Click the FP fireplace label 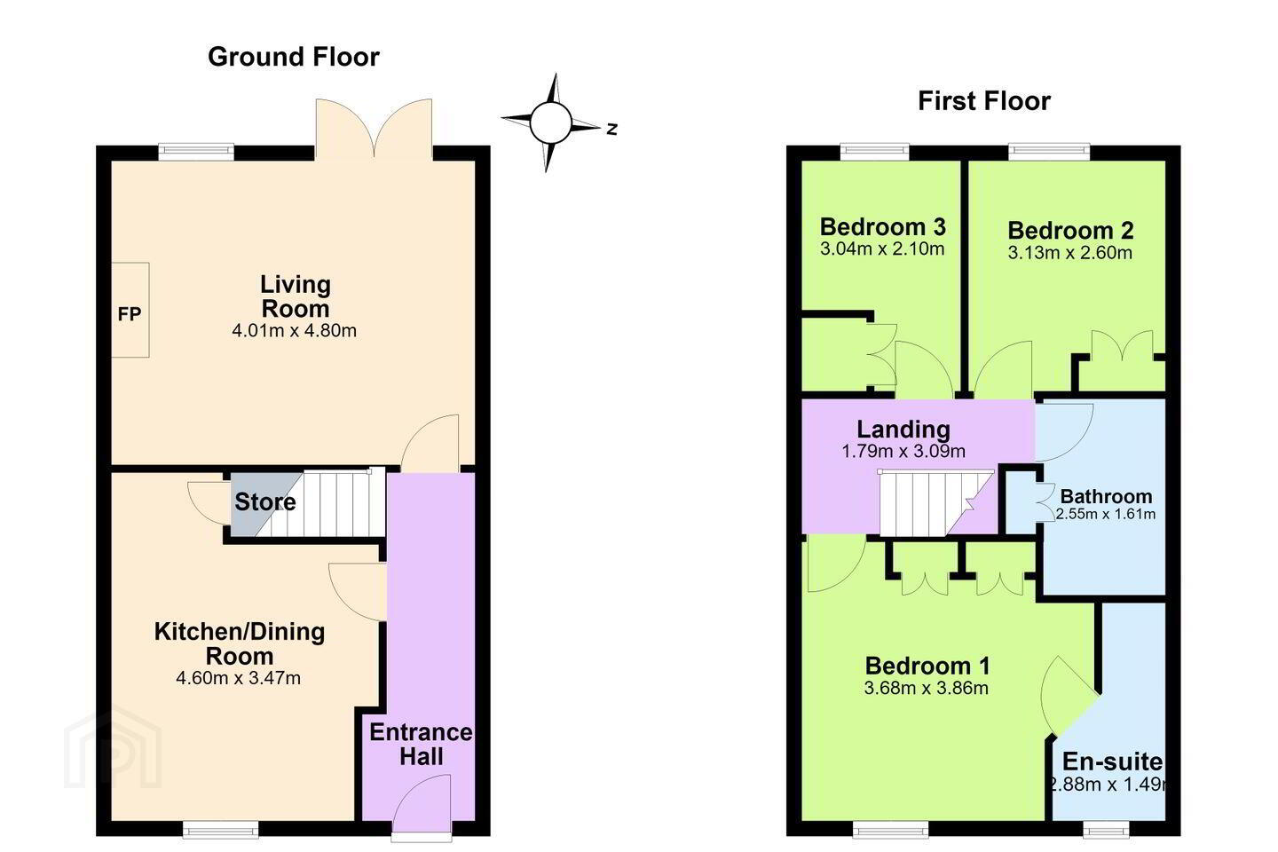click(130, 314)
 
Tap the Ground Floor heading click(293, 57)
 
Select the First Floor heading click(984, 101)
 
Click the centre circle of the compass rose click(550, 122)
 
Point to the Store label click(265, 502)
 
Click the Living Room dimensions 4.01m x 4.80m click(295, 330)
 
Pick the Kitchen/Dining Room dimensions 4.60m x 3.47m click(239, 678)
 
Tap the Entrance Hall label click(421, 744)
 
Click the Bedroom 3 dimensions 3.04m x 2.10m click(882, 248)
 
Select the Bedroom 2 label click(1070, 231)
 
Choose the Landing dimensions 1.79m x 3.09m click(903, 451)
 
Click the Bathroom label click(1106, 496)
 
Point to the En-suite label click(1112, 761)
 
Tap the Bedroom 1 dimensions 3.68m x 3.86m click(927, 688)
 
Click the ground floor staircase click(320, 503)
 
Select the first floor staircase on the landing click(935, 503)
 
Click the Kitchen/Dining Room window click(220, 829)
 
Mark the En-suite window click(1106, 829)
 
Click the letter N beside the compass click(612, 130)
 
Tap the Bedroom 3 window click(875, 152)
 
